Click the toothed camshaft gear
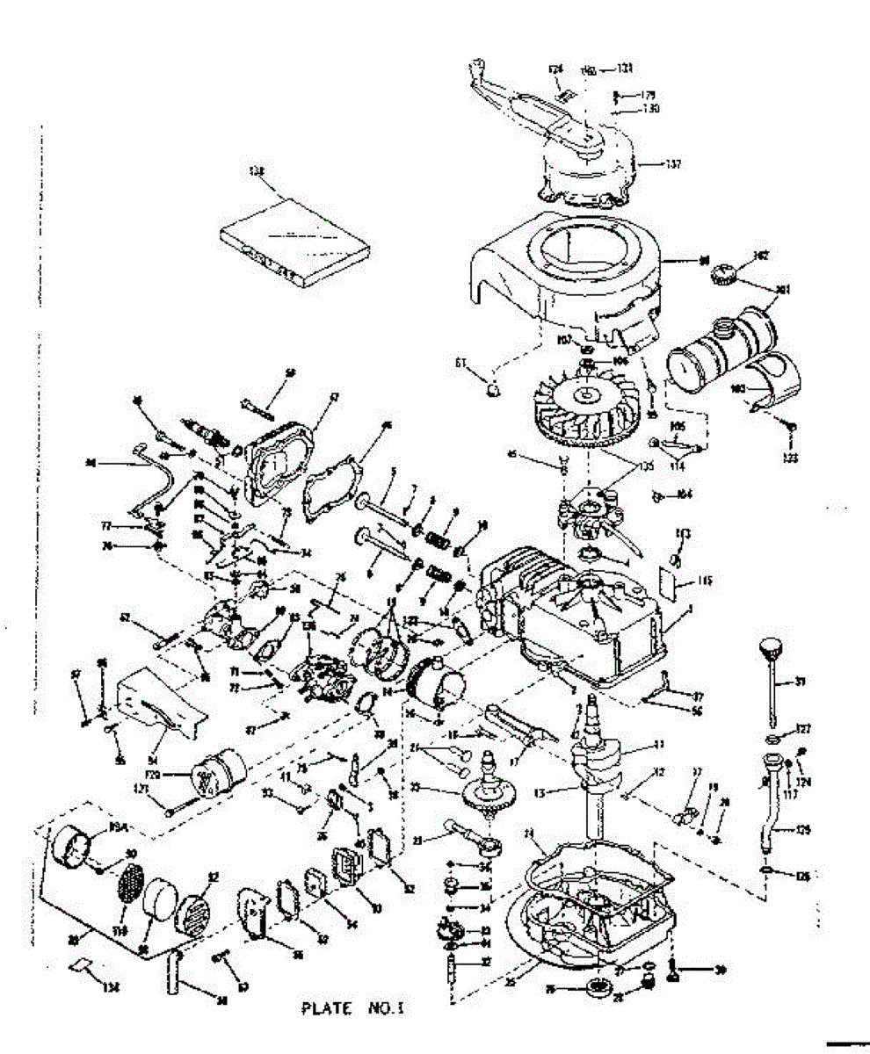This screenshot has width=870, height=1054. pyautogui.click(x=487, y=790)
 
